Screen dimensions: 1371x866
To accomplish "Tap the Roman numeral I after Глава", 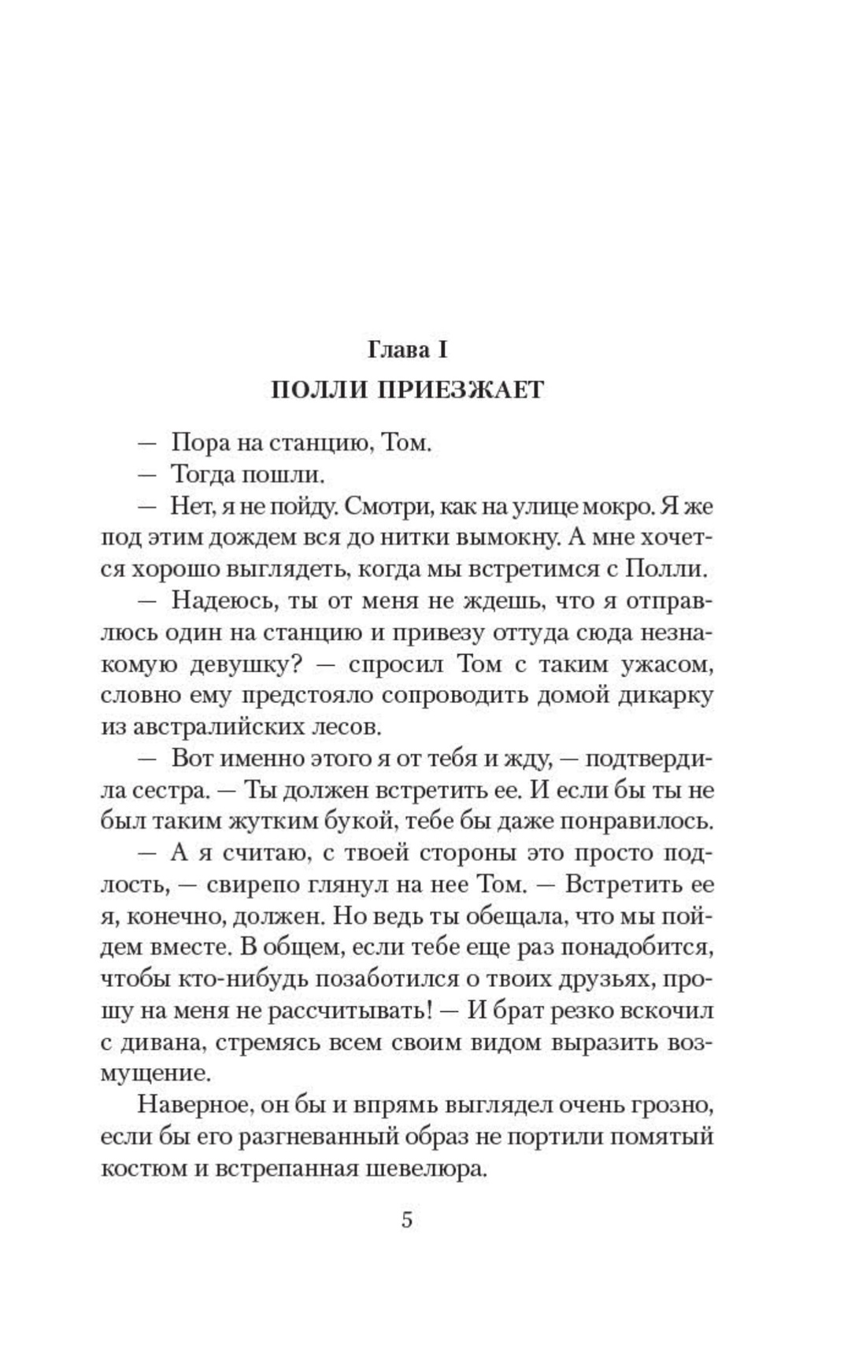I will click(443, 349).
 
